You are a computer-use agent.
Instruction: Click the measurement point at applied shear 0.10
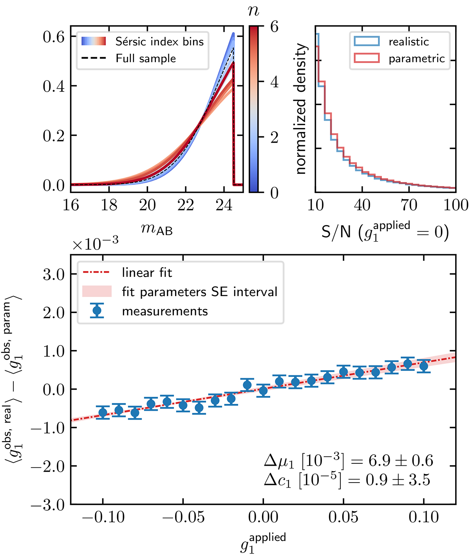[423, 366]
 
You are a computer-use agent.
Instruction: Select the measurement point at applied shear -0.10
[103, 412]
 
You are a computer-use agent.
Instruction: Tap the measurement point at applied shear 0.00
[263, 390]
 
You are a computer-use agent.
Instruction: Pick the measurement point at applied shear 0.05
[343, 372]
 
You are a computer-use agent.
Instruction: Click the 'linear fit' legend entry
[147, 273]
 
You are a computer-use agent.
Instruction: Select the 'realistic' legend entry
[409, 42]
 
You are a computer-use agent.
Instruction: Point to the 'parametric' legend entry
[416, 58]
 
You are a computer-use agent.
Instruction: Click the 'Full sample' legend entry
[145, 58]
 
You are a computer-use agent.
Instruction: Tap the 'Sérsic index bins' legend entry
[159, 42]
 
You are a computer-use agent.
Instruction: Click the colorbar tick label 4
[275, 82]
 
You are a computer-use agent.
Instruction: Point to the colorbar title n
[254, 11]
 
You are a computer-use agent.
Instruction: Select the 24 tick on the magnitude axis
[224, 205]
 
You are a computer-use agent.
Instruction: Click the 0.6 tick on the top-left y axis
[54, 36]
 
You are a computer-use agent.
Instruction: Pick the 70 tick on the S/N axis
[409, 205]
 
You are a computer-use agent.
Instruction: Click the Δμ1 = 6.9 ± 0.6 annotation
[349, 461]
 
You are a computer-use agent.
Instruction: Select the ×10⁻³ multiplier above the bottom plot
[95, 244]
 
